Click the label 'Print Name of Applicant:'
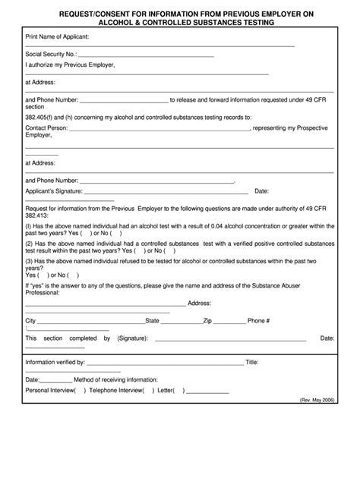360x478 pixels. point(57,36)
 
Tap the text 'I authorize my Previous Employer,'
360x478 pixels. point(70,65)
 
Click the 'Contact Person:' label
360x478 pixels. point(46,128)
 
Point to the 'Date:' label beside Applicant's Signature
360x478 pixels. point(261,191)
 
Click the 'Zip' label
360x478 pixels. point(207,321)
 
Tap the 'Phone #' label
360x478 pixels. point(259,321)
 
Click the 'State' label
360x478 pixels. point(153,321)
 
